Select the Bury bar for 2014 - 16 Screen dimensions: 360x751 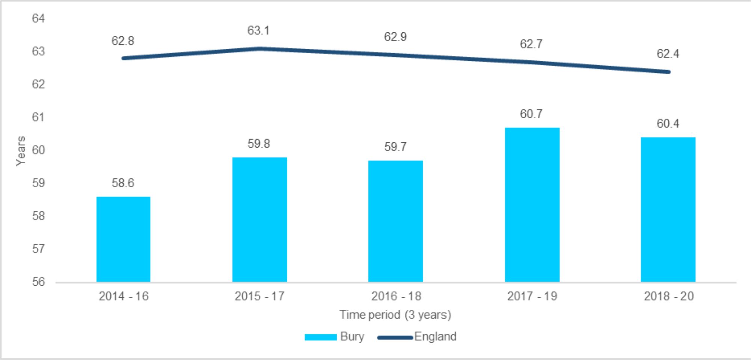123,239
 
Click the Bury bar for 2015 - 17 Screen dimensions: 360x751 259,220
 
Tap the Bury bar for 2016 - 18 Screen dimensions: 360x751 395,221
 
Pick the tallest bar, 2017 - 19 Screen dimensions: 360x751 532,205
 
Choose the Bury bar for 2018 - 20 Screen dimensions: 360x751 668,209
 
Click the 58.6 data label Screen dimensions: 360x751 123,183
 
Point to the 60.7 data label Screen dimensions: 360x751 531,114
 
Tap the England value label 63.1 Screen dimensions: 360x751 258,30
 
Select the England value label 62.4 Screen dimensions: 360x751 668,54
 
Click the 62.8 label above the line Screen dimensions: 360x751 123,41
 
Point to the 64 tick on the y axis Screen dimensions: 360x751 38,18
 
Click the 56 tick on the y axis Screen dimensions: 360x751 38,282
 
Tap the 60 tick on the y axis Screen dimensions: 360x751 38,150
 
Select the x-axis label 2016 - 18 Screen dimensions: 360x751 396,296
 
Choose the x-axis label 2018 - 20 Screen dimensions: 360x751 669,296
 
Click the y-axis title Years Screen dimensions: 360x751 21,151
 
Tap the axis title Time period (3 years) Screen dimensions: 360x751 395,315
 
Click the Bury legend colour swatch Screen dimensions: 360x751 320,337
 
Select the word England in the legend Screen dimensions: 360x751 435,336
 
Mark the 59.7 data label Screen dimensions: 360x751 395,147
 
